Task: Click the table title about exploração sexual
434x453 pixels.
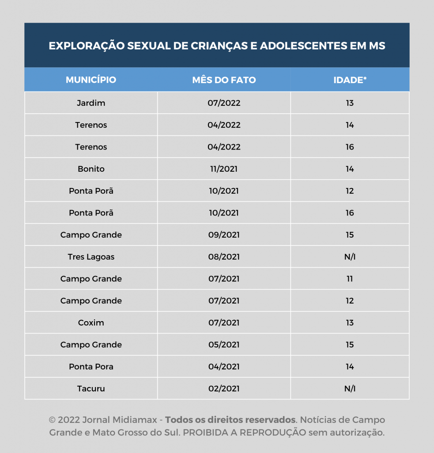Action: tap(217, 46)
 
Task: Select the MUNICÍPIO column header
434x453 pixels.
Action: tap(91, 80)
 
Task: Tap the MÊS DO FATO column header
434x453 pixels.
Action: tap(224, 80)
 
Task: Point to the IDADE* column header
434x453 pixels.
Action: tap(350, 80)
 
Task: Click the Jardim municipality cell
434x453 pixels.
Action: tap(91, 103)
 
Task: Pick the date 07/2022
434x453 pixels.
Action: tap(224, 103)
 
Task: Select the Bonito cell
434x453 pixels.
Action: tap(91, 169)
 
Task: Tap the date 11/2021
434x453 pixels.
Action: tap(224, 169)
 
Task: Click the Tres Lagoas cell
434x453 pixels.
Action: tap(91, 257)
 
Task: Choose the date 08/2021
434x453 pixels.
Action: tap(224, 257)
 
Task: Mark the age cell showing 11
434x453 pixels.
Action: tap(350, 279)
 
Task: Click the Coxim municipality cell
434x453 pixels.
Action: tap(91, 323)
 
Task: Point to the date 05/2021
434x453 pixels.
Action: tap(224, 345)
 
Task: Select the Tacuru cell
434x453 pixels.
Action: tap(91, 389)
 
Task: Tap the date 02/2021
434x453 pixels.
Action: tap(224, 389)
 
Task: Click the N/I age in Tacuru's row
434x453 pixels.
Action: tap(350, 389)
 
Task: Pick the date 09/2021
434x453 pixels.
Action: tap(224, 235)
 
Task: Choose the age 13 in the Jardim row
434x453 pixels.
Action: tap(350, 103)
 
